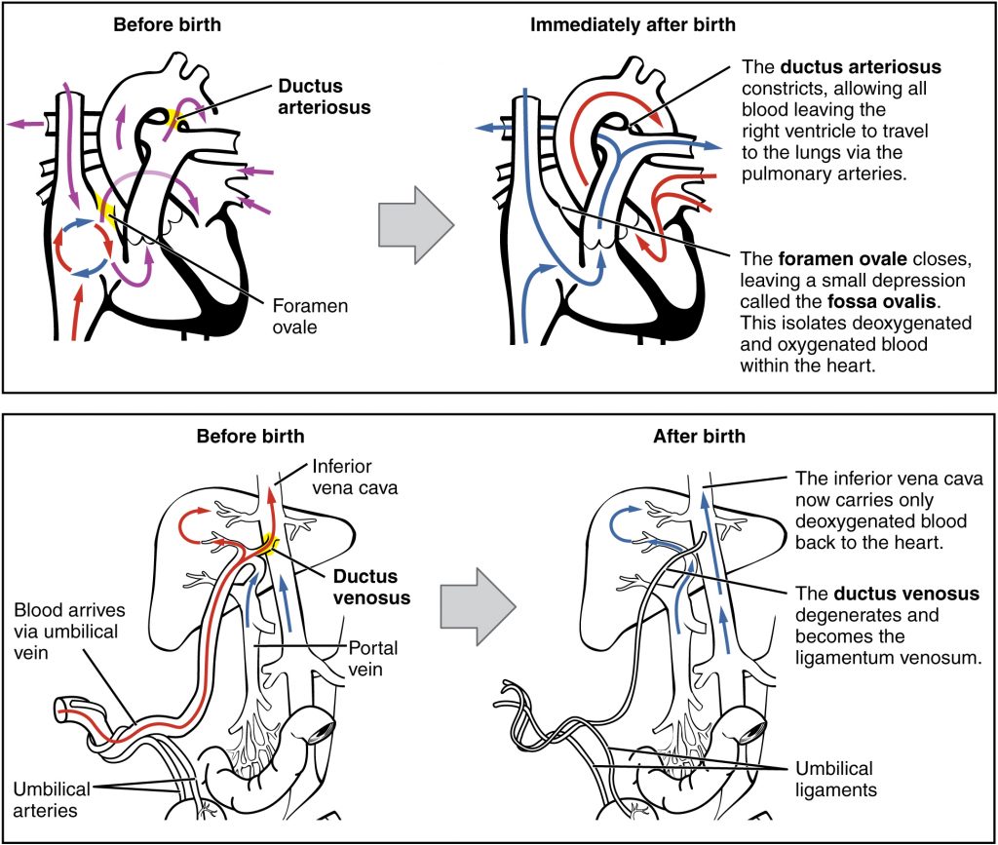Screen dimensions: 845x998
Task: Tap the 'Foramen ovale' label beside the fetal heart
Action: click(310, 315)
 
